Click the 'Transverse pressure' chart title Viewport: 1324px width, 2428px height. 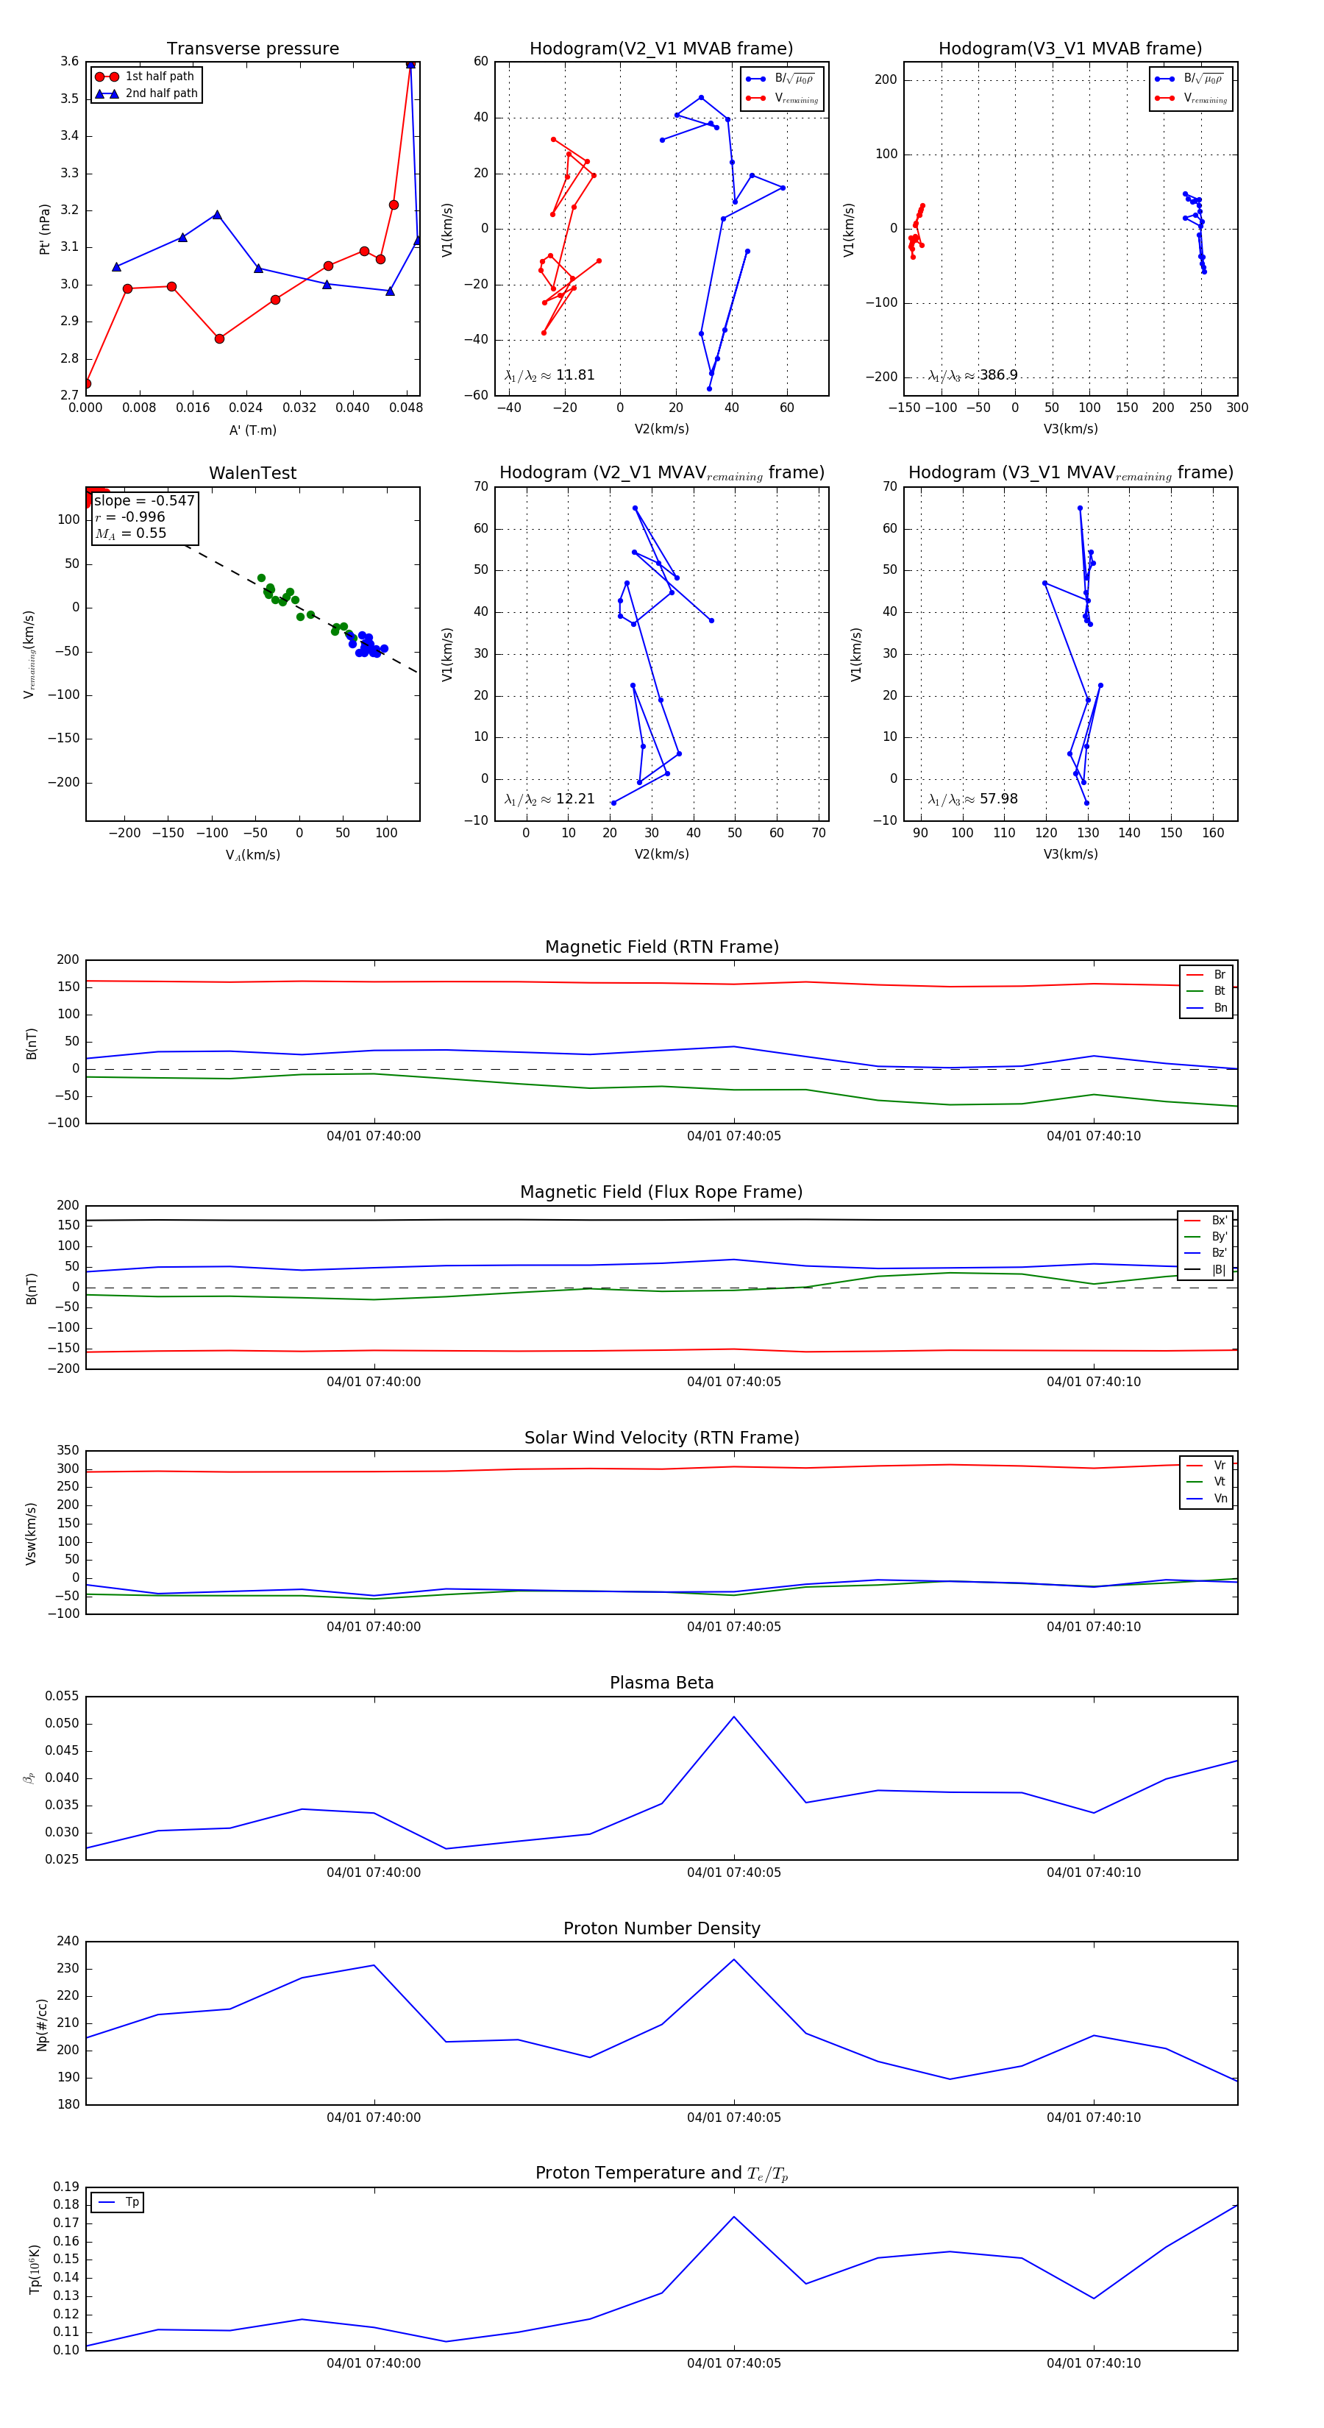pyautogui.click(x=252, y=49)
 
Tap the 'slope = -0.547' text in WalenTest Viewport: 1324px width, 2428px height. pyautogui.click(x=144, y=500)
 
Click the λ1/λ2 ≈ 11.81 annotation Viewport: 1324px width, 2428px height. pyautogui.click(x=549, y=375)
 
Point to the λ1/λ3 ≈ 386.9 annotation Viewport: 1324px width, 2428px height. pyautogui.click(x=972, y=375)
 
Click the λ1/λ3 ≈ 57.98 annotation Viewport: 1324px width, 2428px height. pyautogui.click(x=972, y=799)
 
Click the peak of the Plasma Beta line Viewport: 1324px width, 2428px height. pyautogui.click(x=734, y=1717)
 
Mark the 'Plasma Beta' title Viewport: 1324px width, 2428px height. pyautogui.click(x=661, y=1683)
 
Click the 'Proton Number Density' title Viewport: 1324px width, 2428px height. pyautogui.click(x=661, y=1928)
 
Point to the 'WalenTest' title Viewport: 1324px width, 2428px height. pyautogui.click(x=252, y=473)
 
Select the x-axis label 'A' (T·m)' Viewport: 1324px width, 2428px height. pyautogui.click(x=252, y=430)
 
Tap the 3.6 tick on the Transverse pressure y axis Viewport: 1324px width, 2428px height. pyautogui.click(x=69, y=61)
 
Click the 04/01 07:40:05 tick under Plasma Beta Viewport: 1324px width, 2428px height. pyautogui.click(x=733, y=1872)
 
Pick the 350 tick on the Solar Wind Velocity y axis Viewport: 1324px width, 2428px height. pyautogui.click(x=68, y=1451)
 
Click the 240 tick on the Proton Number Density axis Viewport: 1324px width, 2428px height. pyautogui.click(x=68, y=1941)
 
